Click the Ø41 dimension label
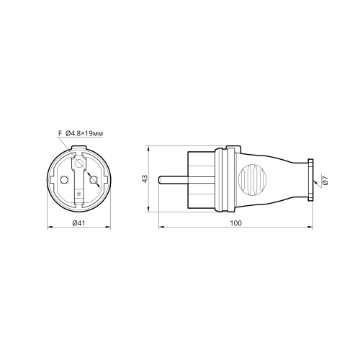pos(78,223)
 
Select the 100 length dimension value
pos(236,223)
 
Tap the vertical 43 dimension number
pos(145,179)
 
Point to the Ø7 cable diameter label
pos(325,180)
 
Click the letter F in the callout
pos(60,133)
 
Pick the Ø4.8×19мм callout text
pos(84,133)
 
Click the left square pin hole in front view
pos(64,179)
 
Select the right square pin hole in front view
pos(93,179)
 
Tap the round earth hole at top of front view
pos(78,163)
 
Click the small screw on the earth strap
pos(78,194)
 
